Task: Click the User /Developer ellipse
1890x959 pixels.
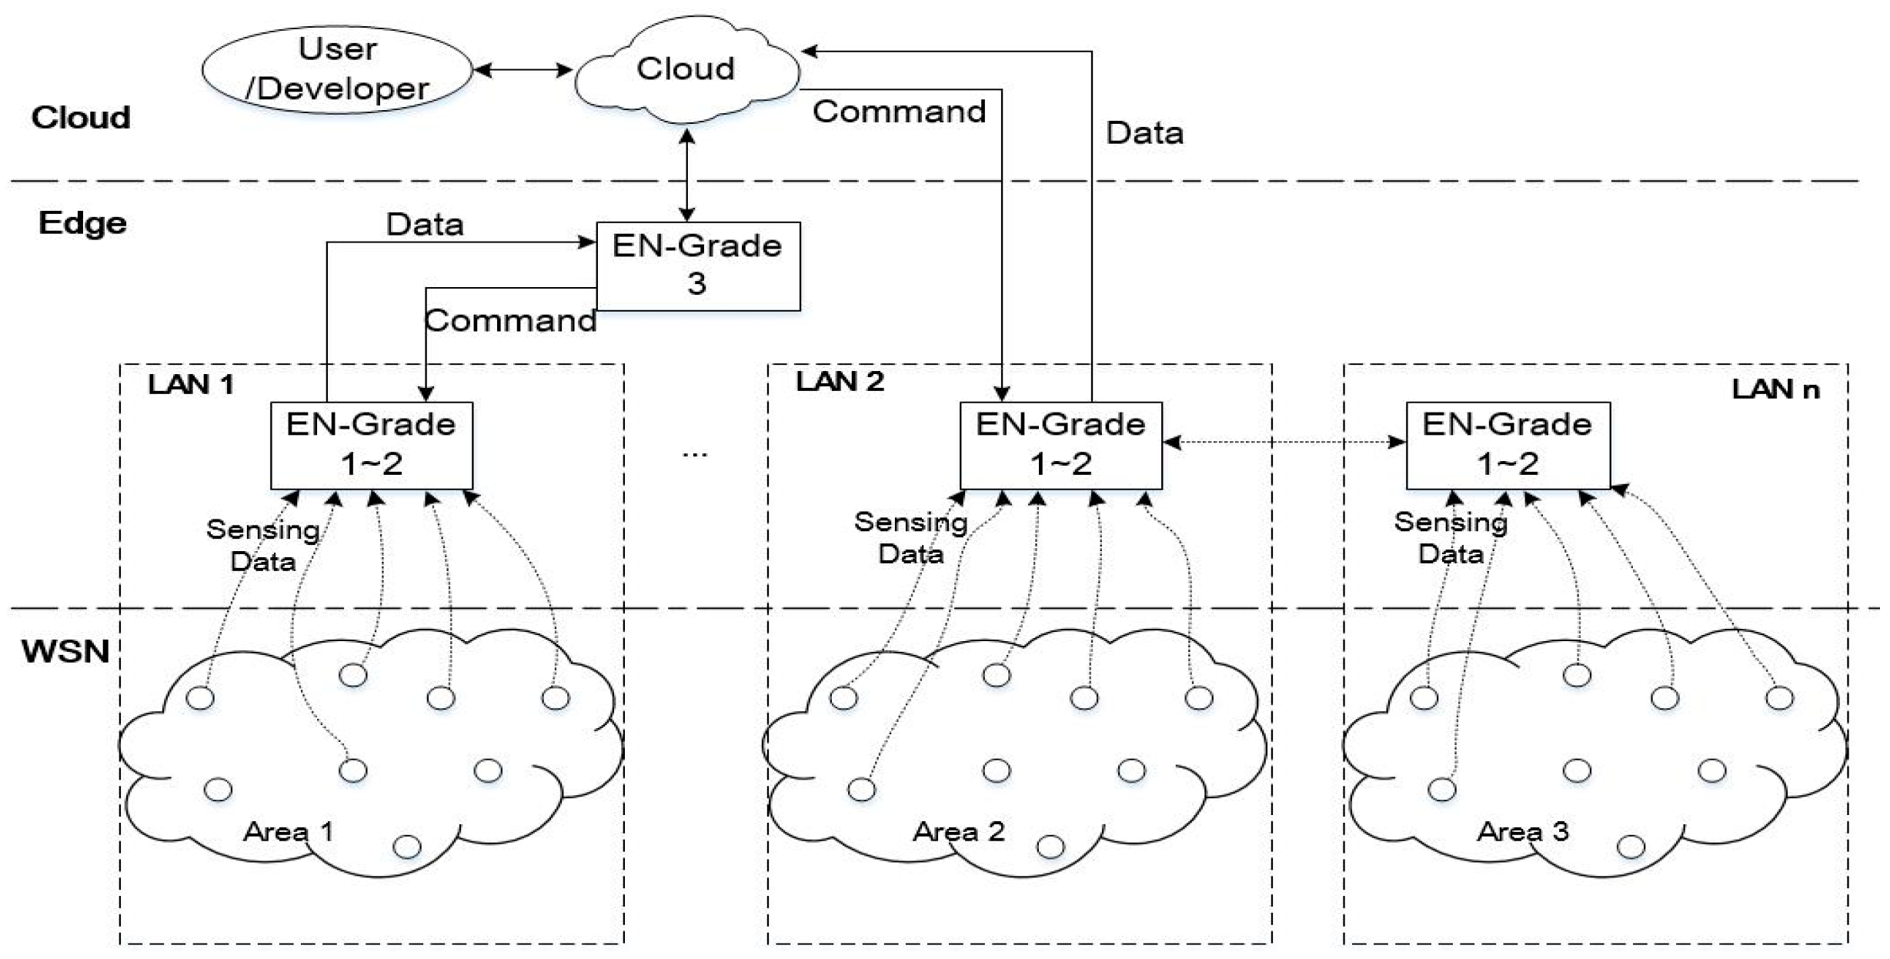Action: point(337,69)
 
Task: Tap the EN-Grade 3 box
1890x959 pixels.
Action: point(698,266)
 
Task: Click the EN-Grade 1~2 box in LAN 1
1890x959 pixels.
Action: point(371,444)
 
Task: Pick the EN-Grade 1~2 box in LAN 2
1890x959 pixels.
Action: point(1060,444)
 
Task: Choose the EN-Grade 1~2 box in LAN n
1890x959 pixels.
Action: point(1507,444)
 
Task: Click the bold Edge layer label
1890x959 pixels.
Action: point(82,223)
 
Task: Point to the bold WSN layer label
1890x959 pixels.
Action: point(65,651)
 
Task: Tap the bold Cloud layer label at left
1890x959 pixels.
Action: point(81,118)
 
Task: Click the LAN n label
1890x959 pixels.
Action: point(1775,389)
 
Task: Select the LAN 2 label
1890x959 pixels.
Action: point(840,381)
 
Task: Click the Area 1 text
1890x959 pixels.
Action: point(289,831)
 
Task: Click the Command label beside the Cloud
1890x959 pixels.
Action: point(899,112)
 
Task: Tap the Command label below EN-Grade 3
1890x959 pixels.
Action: point(510,320)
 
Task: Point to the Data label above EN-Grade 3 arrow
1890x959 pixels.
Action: point(425,225)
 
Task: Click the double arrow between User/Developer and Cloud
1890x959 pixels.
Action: point(523,70)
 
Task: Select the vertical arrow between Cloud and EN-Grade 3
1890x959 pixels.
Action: point(687,175)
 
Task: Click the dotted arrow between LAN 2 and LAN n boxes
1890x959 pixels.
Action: point(1284,442)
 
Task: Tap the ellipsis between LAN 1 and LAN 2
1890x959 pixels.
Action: point(694,454)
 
